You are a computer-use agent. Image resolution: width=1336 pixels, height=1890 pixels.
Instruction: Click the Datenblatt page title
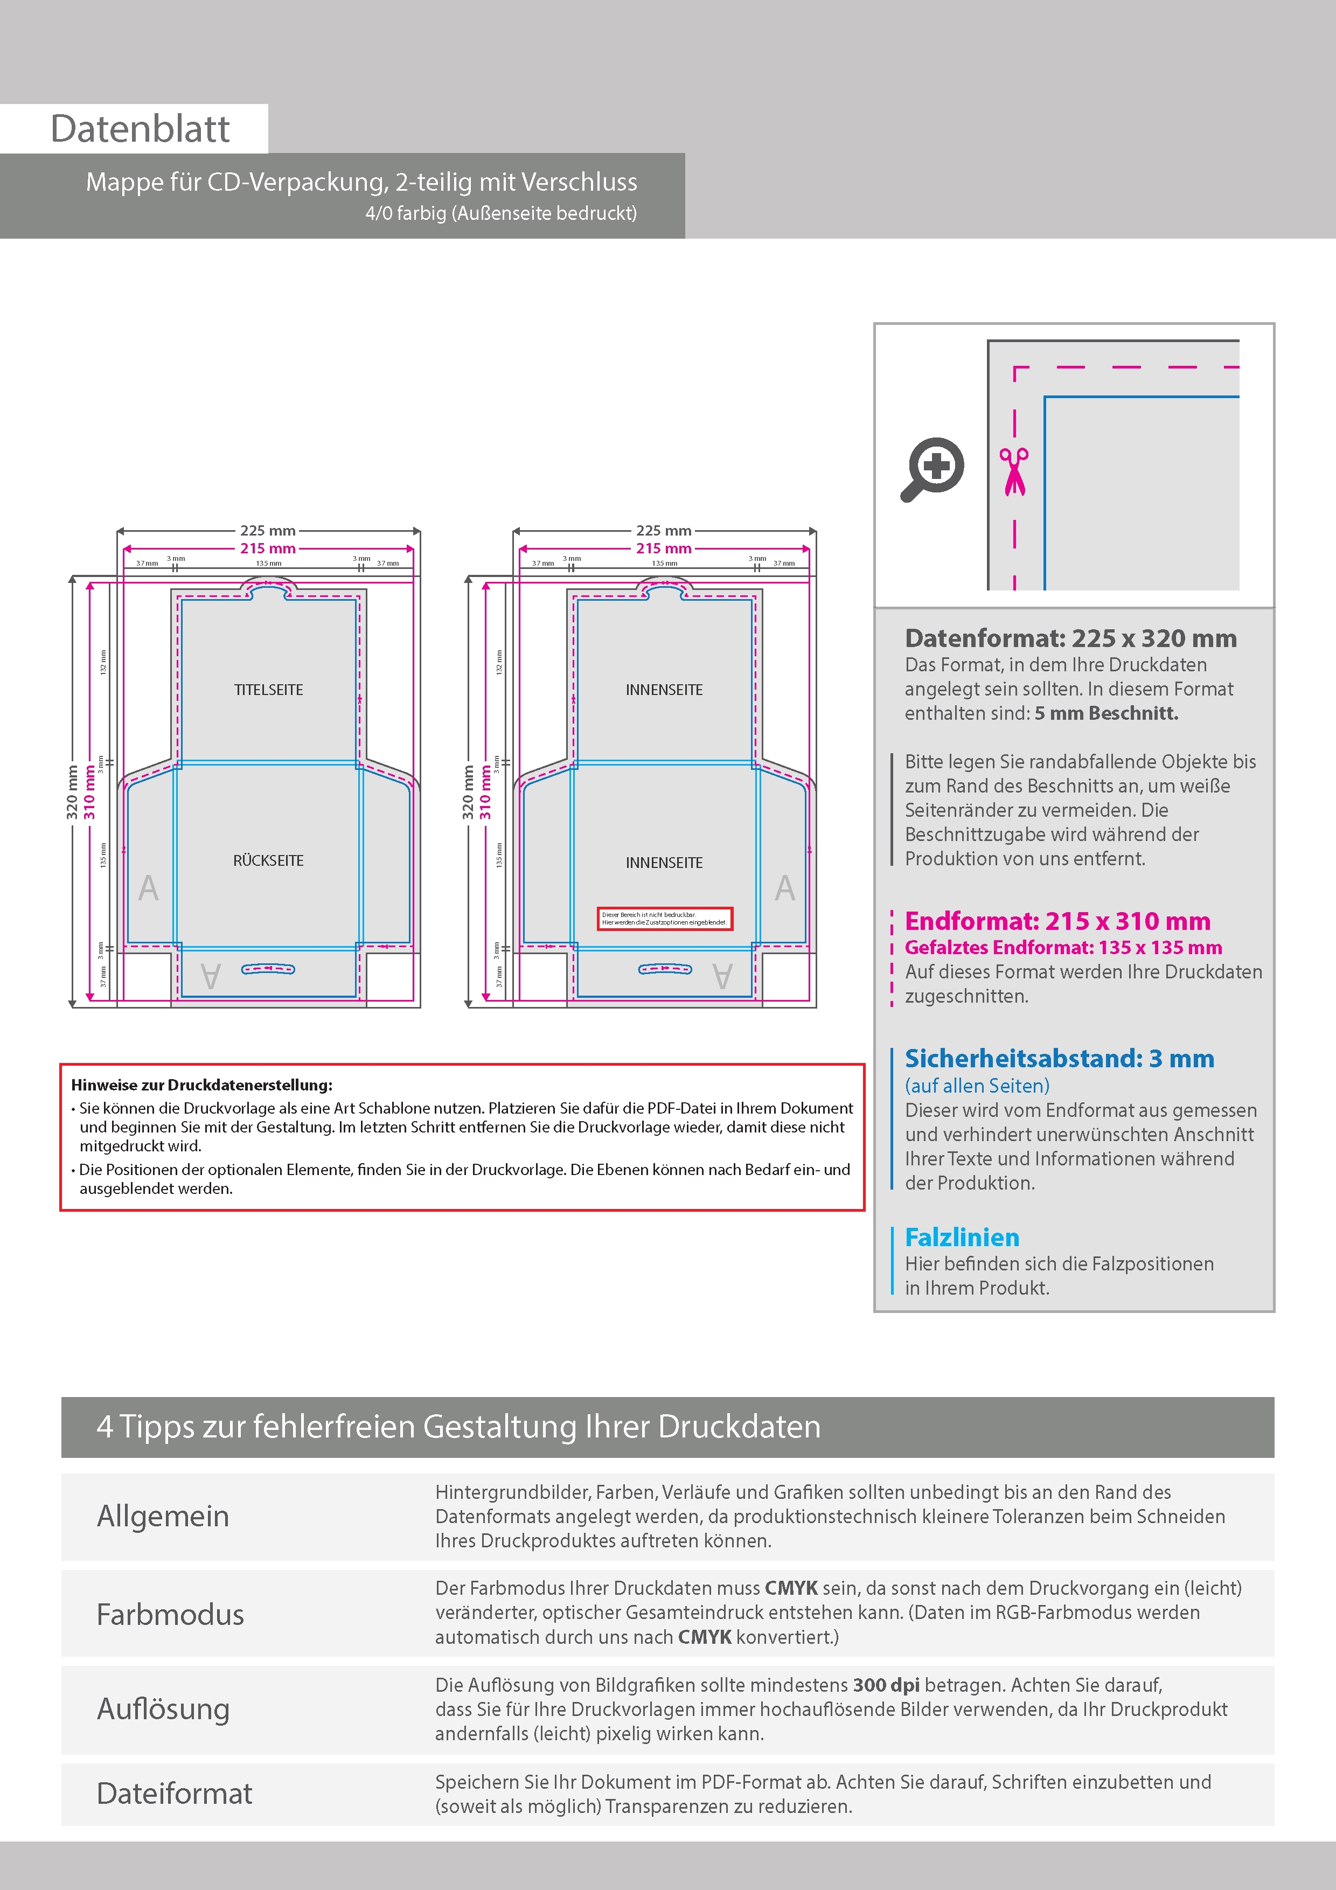(x=140, y=129)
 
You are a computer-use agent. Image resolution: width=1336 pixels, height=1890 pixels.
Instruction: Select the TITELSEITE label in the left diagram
(x=268, y=690)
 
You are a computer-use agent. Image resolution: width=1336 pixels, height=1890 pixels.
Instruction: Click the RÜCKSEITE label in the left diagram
(x=268, y=860)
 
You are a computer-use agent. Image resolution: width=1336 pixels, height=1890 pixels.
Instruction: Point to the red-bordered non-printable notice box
(x=664, y=919)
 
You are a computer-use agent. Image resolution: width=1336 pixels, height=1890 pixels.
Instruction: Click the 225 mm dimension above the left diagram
(x=268, y=531)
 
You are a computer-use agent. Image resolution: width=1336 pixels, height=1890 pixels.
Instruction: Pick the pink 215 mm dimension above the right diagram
(x=664, y=548)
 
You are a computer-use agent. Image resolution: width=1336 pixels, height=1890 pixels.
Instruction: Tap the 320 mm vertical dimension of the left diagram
(x=72, y=792)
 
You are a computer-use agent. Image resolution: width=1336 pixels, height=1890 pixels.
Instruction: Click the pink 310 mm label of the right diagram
(x=486, y=792)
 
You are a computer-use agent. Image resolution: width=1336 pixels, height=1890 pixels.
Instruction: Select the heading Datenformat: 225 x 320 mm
(x=1070, y=638)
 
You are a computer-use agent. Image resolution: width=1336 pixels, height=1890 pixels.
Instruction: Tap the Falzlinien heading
(x=962, y=1237)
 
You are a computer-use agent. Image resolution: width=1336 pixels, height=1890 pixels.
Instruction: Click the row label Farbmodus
(x=170, y=1614)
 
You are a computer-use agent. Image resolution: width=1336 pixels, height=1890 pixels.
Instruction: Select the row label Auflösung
(x=163, y=1708)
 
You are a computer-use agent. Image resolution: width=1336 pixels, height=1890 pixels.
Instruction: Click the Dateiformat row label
(x=175, y=1794)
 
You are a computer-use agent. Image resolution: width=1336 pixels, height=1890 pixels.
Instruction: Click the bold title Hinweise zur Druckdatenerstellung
(x=201, y=1085)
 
